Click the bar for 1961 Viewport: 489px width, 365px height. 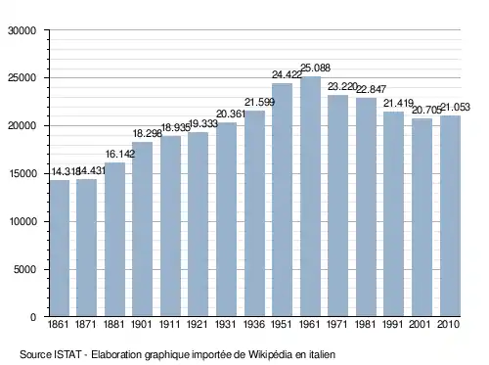(310, 197)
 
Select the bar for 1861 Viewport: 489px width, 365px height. (60, 249)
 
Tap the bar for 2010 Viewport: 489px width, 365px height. (450, 216)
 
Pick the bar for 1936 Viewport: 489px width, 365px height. (254, 213)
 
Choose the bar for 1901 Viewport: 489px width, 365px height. (142, 229)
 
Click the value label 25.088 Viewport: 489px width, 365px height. (315, 68)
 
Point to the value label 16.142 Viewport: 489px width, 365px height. (120, 154)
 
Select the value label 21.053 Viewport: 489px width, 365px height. (455, 107)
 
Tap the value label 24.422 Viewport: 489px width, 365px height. (287, 75)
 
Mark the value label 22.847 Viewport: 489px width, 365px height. (371, 89)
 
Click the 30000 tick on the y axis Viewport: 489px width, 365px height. (22, 30)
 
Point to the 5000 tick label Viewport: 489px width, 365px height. (24, 269)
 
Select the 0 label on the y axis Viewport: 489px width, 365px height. (33, 317)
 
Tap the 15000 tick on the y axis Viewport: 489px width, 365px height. (22, 174)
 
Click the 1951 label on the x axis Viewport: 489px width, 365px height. (282, 325)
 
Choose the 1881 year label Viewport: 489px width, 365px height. (113, 325)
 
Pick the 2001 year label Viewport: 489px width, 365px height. (420, 325)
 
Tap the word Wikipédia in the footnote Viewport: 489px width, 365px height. (270, 354)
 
